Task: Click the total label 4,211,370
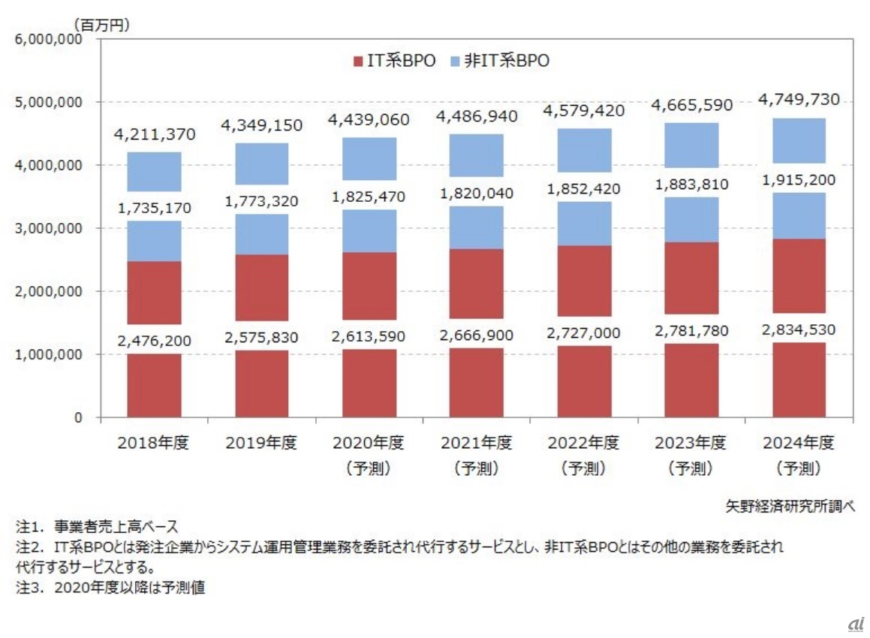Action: coord(155,135)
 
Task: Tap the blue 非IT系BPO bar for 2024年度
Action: coord(800,140)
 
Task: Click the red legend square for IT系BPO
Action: coord(357,62)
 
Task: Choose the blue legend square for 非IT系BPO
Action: coord(455,62)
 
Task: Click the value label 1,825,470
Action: coord(370,197)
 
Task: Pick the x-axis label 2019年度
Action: coord(261,443)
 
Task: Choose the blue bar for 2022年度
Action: coord(585,150)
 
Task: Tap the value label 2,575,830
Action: coord(262,338)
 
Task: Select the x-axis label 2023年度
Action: coord(693,443)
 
